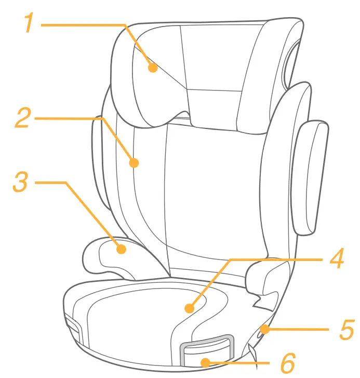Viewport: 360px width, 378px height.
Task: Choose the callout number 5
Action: (346, 329)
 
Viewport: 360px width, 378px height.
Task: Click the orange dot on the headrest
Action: (152, 67)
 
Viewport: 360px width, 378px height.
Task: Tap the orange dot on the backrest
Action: (134, 163)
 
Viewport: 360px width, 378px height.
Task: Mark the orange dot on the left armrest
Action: (121, 249)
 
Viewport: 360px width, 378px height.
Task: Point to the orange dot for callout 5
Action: (265, 329)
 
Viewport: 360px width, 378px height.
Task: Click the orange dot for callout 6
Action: (206, 362)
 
